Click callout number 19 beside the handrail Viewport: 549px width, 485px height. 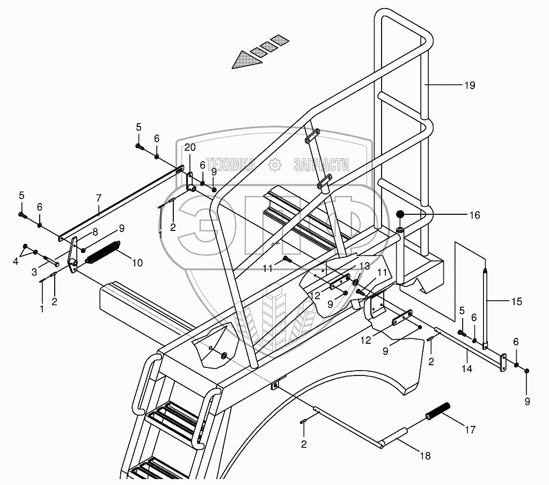tap(470, 85)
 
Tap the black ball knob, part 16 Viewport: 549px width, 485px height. tap(400, 216)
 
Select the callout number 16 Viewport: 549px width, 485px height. tap(474, 216)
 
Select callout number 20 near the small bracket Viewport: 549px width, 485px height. tap(190, 148)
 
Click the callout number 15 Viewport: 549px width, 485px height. tap(516, 302)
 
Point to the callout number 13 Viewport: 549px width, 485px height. tap(365, 266)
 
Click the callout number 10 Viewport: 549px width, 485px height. tap(137, 263)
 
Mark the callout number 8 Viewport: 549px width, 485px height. tap(94, 232)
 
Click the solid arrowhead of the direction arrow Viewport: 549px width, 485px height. tap(242, 60)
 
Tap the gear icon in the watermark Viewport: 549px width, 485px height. tap(275, 165)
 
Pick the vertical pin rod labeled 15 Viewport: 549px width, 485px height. tap(486, 309)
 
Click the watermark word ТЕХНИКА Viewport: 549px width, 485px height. tap(231, 164)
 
